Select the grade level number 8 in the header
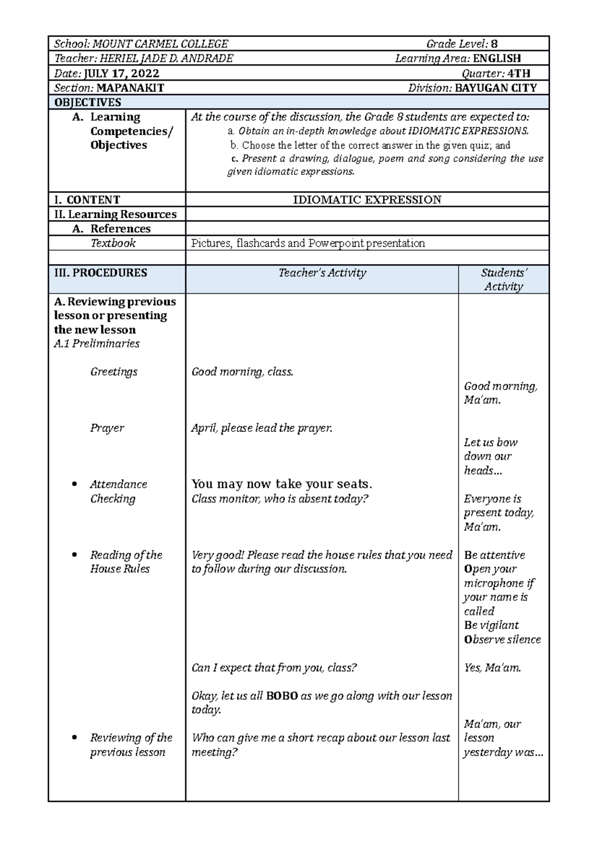[x=494, y=44]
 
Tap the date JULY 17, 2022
[x=121, y=74]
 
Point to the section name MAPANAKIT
[x=130, y=88]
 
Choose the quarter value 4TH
[x=519, y=74]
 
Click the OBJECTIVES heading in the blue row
[x=88, y=102]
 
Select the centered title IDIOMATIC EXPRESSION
[x=367, y=200]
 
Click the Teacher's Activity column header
[x=322, y=272]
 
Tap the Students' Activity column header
[x=503, y=279]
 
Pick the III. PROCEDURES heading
[x=101, y=272]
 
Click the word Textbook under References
[x=113, y=243]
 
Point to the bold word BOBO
[x=282, y=696]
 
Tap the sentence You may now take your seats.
[x=282, y=484]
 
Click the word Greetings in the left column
[x=114, y=372]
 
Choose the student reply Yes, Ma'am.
[x=493, y=668]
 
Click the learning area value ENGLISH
[x=497, y=59]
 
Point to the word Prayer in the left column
[x=107, y=428]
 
